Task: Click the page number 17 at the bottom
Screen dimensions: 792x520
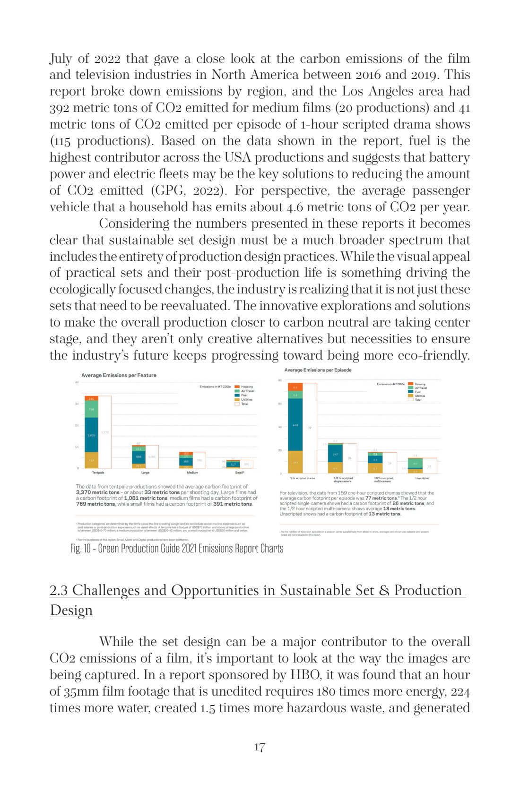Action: tap(260, 747)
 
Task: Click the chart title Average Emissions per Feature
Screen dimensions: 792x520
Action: tap(119, 375)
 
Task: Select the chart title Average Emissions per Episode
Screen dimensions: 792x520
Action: tap(318, 370)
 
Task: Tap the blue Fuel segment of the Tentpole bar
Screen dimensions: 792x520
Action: tap(91, 435)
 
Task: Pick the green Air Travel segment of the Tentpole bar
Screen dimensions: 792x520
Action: tap(91, 409)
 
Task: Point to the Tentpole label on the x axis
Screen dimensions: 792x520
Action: tap(98, 473)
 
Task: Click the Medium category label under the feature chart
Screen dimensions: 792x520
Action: tap(192, 473)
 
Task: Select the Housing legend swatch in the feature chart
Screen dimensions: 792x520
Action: tap(237, 387)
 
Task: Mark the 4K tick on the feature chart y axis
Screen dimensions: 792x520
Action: tap(77, 382)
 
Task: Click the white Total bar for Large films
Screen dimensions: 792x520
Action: tap(152, 456)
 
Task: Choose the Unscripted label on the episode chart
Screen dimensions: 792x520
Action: tap(422, 478)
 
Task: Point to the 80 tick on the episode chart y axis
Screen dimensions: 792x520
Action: tap(280, 380)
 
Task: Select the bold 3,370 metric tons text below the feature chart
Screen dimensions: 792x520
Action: tap(97, 492)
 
